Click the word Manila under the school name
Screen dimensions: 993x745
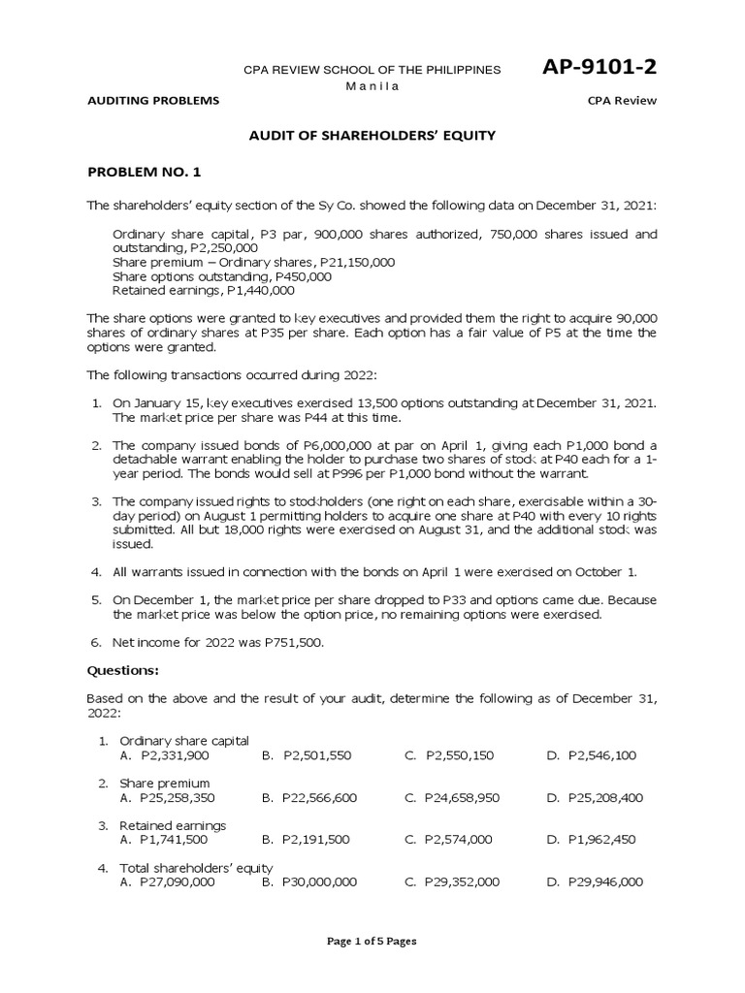[x=372, y=86]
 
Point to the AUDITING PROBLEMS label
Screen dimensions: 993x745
[x=153, y=101]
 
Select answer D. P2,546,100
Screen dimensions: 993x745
[x=592, y=754]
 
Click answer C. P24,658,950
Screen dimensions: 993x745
[x=452, y=797]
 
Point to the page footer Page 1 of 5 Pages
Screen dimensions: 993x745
[x=372, y=940]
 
